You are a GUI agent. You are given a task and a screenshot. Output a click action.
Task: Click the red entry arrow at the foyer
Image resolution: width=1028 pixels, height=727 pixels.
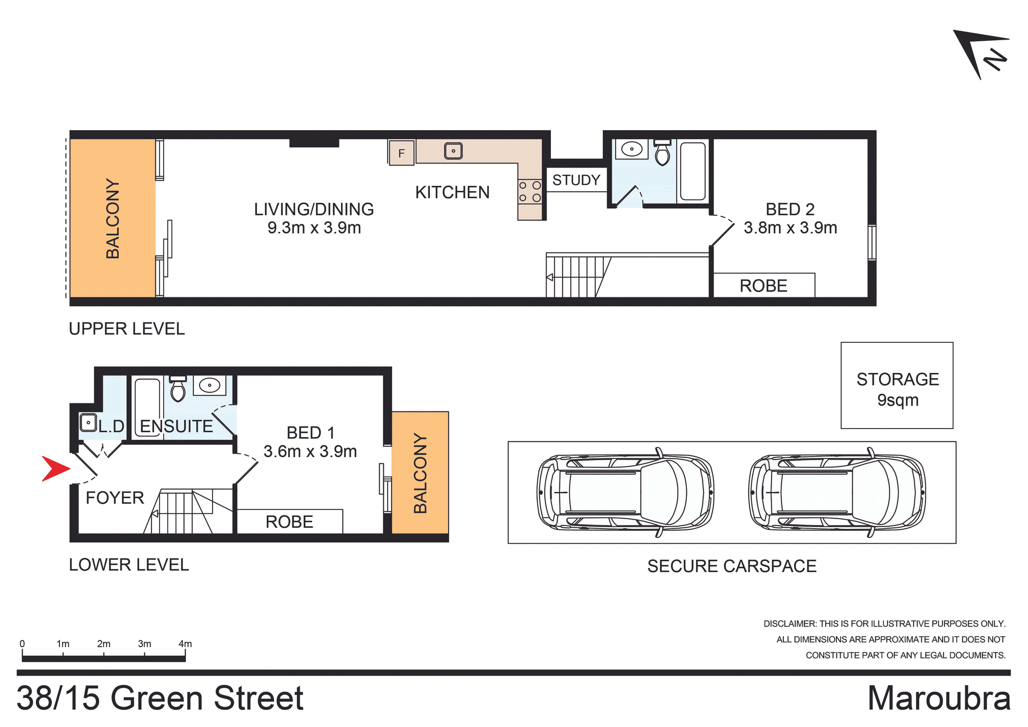pyautogui.click(x=55, y=469)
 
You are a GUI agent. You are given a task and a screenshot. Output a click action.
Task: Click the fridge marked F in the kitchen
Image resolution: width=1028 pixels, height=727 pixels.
pyautogui.click(x=401, y=153)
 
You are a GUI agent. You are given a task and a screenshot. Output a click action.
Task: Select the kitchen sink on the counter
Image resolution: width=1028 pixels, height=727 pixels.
pyautogui.click(x=453, y=151)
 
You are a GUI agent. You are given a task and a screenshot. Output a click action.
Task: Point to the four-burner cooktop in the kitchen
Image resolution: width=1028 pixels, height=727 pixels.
pyautogui.click(x=530, y=192)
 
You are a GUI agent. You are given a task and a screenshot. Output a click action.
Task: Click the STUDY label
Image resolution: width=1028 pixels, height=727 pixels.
pyautogui.click(x=576, y=180)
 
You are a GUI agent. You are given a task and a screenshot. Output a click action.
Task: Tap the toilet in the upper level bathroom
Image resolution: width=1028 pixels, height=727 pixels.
pyautogui.click(x=662, y=153)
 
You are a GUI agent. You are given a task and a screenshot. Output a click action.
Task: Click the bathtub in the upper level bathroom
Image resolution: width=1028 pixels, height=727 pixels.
pyautogui.click(x=693, y=171)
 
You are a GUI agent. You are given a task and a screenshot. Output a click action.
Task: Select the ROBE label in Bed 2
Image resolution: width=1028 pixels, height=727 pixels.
pyautogui.click(x=763, y=286)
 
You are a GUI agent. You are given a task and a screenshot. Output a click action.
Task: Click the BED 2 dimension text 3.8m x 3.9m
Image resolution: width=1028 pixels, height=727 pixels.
pyautogui.click(x=790, y=228)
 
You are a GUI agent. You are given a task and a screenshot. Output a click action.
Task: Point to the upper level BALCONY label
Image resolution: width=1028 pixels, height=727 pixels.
pyautogui.click(x=113, y=219)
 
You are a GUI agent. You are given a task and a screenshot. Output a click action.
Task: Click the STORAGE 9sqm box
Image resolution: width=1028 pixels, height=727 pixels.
pyautogui.click(x=897, y=386)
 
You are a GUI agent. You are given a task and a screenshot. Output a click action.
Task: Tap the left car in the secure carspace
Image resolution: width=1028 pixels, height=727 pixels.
pyautogui.click(x=625, y=492)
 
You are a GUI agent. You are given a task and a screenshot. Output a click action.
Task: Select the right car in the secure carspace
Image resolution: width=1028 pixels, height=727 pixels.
pyautogui.click(x=836, y=492)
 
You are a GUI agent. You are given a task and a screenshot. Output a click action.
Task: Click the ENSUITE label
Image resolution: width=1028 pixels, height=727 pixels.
pyautogui.click(x=176, y=426)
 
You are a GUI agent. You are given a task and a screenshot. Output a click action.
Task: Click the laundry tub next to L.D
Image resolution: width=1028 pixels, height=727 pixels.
pyautogui.click(x=88, y=423)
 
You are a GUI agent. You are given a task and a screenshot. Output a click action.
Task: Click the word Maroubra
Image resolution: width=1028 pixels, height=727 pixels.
pyautogui.click(x=939, y=699)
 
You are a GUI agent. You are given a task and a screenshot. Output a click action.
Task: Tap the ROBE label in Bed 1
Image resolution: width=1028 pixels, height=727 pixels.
pyautogui.click(x=289, y=522)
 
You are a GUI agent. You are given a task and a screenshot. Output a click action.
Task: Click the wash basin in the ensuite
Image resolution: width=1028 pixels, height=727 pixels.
pyautogui.click(x=209, y=385)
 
